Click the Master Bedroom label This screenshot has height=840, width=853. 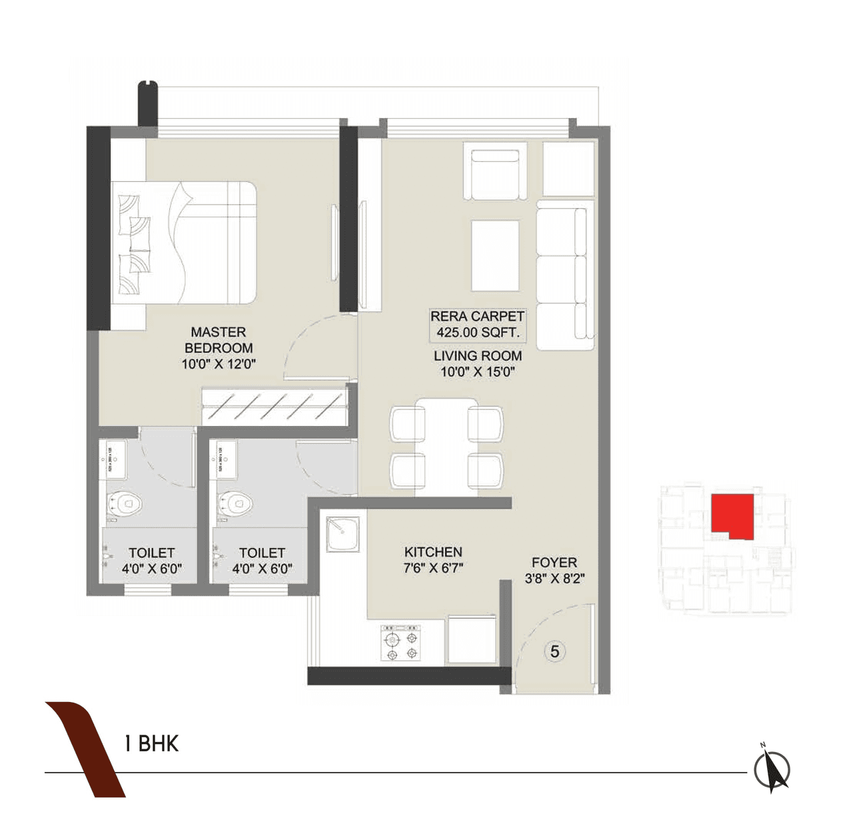pyautogui.click(x=219, y=347)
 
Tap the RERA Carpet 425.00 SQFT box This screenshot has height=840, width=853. pyautogui.click(x=477, y=325)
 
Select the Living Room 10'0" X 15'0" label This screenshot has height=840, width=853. pyautogui.click(x=477, y=363)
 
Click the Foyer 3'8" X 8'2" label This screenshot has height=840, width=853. pyautogui.click(x=554, y=570)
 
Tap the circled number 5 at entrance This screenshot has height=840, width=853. pyautogui.click(x=554, y=651)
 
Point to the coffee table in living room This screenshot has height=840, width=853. pyautogui.click(x=495, y=255)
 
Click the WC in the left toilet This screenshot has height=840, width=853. pyautogui.click(x=125, y=503)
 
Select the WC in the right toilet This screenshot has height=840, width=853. pyautogui.click(x=235, y=503)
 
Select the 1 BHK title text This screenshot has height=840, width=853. pyautogui.click(x=151, y=743)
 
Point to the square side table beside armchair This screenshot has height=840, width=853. pyautogui.click(x=568, y=169)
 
